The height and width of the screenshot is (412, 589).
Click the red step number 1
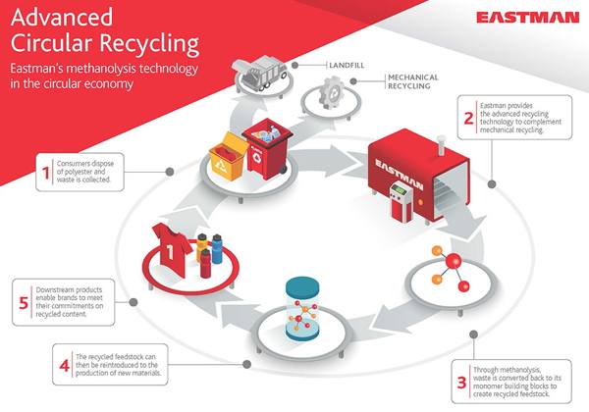tap(45, 173)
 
